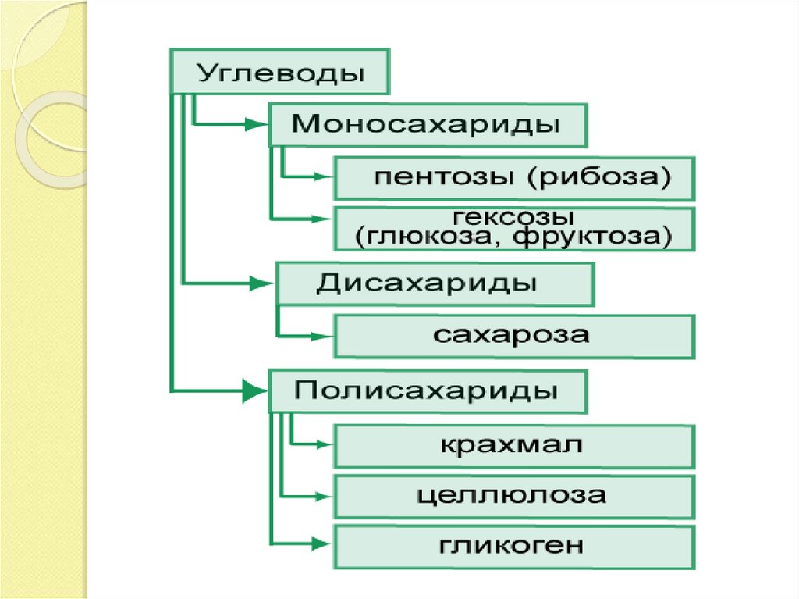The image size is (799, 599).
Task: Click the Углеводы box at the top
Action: tap(280, 73)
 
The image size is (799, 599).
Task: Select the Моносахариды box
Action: tap(426, 124)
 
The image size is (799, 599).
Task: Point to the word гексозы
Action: tap(513, 216)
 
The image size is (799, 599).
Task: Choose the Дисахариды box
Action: tap(435, 283)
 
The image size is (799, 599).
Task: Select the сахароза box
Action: tap(513, 336)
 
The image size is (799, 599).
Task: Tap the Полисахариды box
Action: tap(426, 390)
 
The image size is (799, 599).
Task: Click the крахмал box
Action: tap(513, 446)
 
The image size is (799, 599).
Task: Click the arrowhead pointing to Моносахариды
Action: tap(255, 123)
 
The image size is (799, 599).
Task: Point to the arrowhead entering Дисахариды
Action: tap(261, 283)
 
